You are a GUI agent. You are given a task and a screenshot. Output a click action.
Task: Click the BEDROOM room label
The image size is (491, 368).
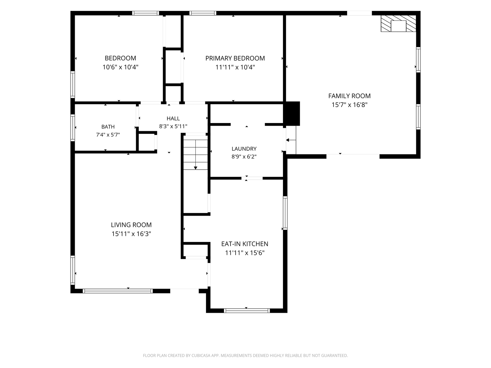120,58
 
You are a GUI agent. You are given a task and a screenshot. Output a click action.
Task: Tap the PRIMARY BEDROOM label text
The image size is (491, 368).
235,58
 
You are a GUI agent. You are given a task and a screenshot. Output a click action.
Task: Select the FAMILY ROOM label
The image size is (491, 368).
349,96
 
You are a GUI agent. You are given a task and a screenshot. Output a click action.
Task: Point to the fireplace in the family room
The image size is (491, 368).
398,24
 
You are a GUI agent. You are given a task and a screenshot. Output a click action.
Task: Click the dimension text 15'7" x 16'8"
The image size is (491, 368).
349,105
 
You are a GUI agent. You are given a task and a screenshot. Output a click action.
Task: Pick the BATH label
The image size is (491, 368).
108,127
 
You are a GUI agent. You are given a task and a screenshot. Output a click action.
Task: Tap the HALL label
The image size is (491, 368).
173,119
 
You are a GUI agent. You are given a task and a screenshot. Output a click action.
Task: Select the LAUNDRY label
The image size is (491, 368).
244,149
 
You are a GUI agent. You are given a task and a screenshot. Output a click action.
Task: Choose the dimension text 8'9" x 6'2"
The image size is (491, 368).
244,157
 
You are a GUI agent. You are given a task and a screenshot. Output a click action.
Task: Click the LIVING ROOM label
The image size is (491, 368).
131,225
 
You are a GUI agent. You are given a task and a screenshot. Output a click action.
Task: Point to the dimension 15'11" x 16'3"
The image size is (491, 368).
131,234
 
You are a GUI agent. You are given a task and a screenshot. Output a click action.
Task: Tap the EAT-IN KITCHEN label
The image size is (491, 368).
245,244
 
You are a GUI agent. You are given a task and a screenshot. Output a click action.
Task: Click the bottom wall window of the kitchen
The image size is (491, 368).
247,310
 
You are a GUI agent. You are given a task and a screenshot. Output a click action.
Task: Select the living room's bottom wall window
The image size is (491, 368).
118,291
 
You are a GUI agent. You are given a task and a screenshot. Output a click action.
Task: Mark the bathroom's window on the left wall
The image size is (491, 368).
73,128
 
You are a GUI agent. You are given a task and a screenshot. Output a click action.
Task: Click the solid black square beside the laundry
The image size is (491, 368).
292,114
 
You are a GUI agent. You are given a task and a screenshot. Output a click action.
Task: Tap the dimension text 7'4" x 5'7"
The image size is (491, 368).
108,135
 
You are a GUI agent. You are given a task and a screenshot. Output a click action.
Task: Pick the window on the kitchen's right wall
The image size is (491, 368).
285,213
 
